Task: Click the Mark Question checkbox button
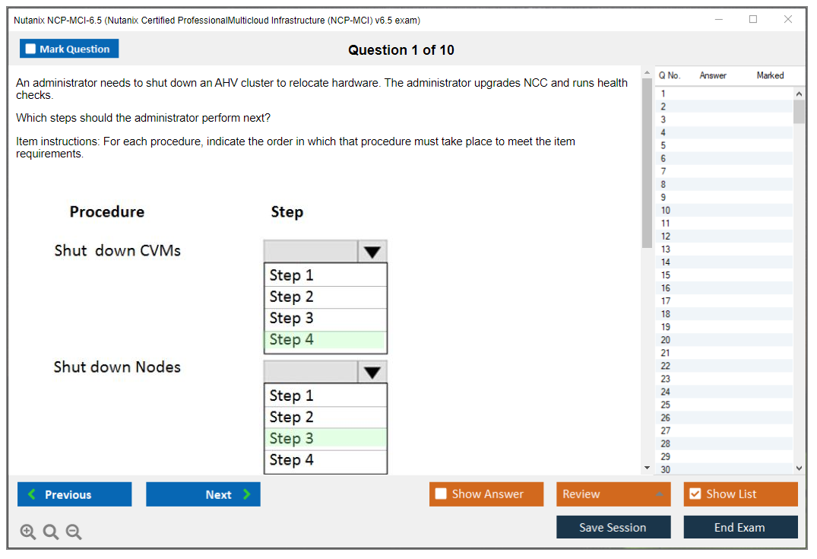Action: [69, 49]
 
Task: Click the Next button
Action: [203, 494]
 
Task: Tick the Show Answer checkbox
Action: [441, 494]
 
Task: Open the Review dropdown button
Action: [613, 494]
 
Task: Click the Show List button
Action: [740, 494]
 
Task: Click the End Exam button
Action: [740, 527]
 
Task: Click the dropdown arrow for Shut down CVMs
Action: [372, 253]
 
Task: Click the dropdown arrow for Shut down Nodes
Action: [372, 373]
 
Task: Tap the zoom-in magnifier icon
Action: [28, 532]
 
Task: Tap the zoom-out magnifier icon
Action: [74, 532]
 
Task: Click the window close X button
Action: [788, 19]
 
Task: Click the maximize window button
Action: [753, 19]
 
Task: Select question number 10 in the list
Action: [666, 211]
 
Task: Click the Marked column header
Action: [770, 75]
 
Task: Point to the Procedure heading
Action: [107, 211]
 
